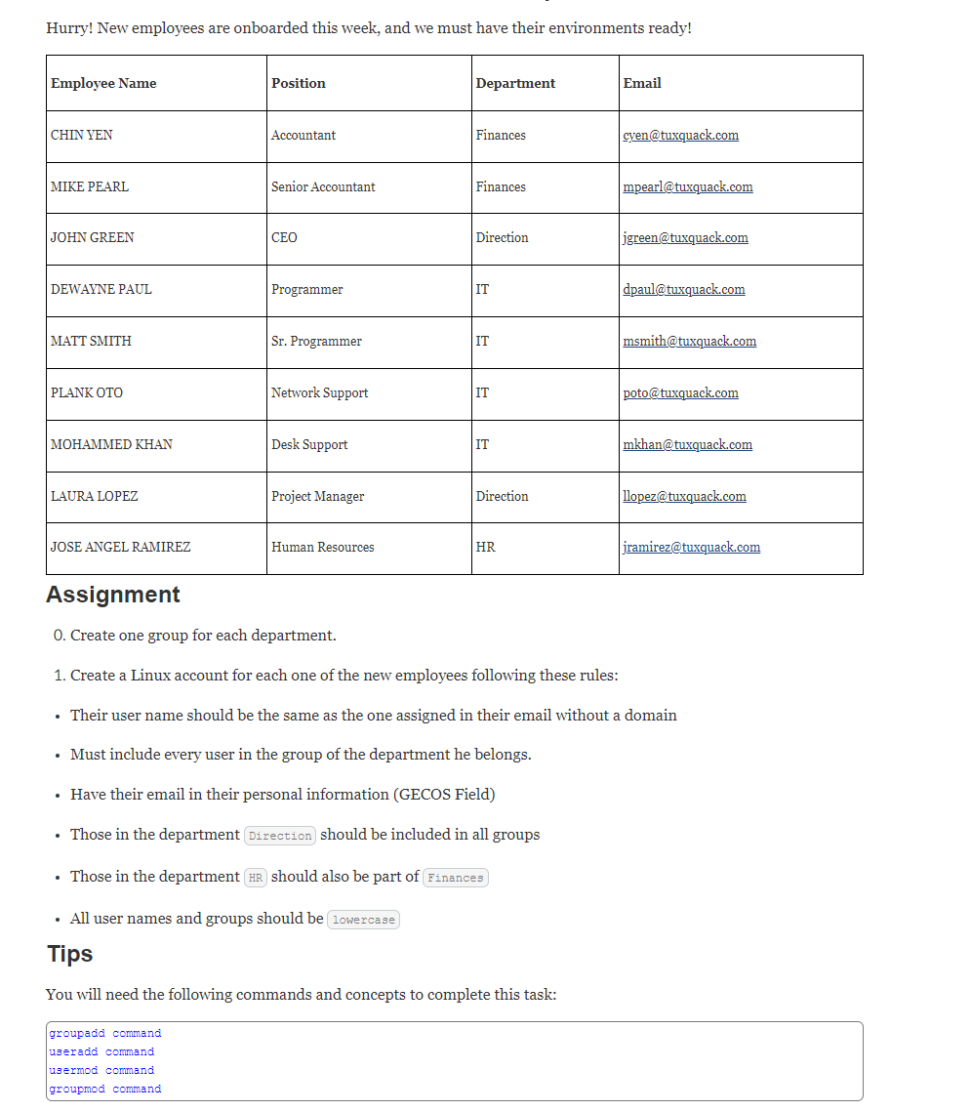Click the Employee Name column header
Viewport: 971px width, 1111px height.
(x=103, y=83)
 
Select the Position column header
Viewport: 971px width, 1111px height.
(x=299, y=83)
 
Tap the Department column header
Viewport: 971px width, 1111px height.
(x=515, y=83)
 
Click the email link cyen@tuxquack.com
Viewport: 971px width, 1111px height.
(x=680, y=135)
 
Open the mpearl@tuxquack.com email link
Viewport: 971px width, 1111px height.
(x=687, y=186)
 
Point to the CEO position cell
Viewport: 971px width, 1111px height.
(x=284, y=237)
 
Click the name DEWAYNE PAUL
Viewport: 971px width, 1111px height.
(x=101, y=289)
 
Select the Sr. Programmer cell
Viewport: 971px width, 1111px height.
(x=316, y=341)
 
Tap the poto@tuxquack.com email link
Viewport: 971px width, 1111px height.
(x=680, y=392)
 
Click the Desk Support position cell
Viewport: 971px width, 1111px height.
(x=309, y=444)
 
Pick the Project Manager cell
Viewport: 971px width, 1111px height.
(x=317, y=496)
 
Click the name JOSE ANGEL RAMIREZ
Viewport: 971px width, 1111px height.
(x=121, y=547)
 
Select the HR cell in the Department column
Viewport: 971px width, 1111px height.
(x=485, y=547)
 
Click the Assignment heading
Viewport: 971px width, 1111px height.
(x=113, y=595)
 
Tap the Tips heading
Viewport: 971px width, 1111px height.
(x=70, y=954)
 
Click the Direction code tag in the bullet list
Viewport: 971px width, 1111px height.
(x=280, y=836)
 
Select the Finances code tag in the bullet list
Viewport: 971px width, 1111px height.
(x=455, y=878)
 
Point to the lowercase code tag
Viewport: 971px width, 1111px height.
(x=364, y=920)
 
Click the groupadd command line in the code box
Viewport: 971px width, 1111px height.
(x=105, y=1033)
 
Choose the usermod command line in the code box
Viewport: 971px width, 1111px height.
(x=101, y=1070)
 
